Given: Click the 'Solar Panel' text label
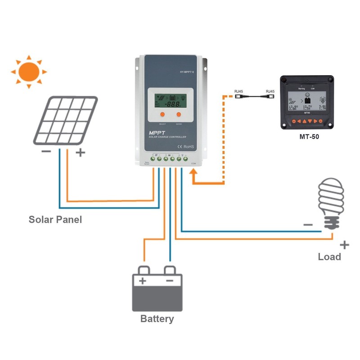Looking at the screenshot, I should pyautogui.click(x=55, y=220).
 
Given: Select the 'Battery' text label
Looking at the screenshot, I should pyautogui.click(x=157, y=319).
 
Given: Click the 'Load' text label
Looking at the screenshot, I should pyautogui.click(x=329, y=256).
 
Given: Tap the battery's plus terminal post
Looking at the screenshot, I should pyautogui.click(x=144, y=270).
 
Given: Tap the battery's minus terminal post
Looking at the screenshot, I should pyautogui.click(x=170, y=270).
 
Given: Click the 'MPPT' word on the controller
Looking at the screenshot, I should pyautogui.click(x=158, y=133).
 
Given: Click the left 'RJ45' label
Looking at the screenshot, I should pyautogui.click(x=238, y=92).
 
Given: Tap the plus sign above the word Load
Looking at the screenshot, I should pyautogui.click(x=344, y=245).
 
